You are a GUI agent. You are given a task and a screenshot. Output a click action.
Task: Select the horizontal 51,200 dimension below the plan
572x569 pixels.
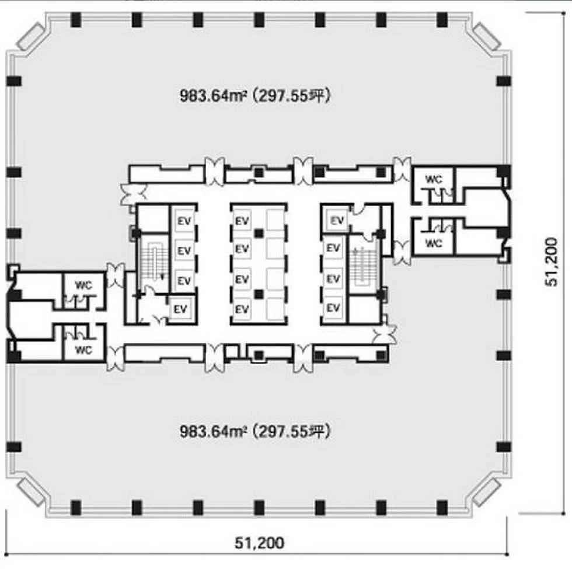[x=259, y=543]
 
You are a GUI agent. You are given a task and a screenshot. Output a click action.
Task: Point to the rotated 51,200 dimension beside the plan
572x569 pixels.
[x=551, y=262]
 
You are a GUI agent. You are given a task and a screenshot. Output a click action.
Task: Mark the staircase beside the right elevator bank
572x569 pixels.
[x=362, y=266]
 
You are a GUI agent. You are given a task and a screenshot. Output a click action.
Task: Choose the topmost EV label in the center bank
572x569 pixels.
[x=242, y=221]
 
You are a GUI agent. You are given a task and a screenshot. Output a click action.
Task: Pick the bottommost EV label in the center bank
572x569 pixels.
[x=242, y=309]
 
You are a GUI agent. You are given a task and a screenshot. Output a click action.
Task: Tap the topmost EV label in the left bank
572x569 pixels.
[x=184, y=221]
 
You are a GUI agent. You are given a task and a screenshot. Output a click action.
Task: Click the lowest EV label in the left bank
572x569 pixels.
[x=180, y=309]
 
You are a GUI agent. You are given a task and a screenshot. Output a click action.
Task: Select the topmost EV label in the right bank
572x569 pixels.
[x=337, y=221]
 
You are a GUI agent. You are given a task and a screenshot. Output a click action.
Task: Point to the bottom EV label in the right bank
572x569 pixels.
[x=333, y=308]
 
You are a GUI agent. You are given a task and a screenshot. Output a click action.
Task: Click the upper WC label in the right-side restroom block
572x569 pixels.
[x=434, y=179]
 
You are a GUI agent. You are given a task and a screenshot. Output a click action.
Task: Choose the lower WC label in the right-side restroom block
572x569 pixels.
[x=434, y=243]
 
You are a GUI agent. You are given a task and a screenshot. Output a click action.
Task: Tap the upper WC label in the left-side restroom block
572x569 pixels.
[x=83, y=285]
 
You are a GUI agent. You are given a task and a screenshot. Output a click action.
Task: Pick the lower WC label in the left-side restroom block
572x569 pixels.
[x=83, y=350]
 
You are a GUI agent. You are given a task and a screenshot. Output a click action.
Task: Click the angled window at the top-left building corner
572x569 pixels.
[x=30, y=36]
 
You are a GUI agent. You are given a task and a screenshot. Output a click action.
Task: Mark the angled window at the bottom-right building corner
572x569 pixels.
[x=486, y=493]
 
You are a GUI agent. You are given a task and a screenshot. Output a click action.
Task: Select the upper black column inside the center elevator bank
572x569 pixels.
[x=259, y=233]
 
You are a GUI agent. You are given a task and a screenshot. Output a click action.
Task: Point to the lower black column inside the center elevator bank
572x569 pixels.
[x=259, y=294]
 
